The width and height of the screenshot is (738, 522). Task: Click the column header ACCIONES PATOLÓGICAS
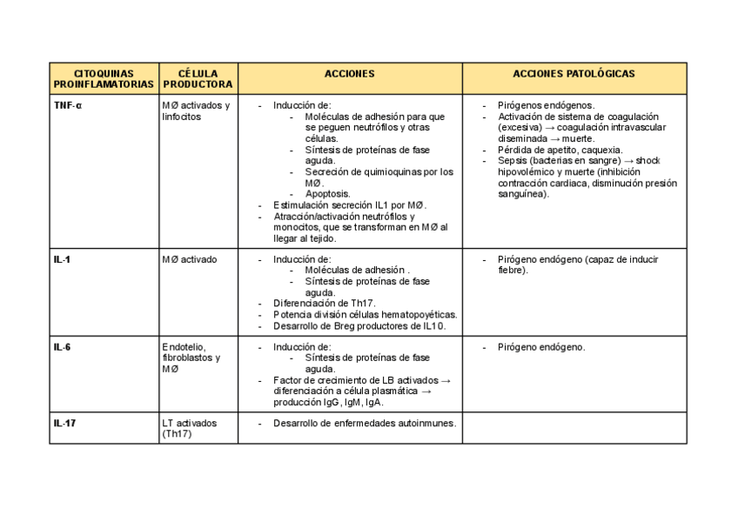(x=574, y=74)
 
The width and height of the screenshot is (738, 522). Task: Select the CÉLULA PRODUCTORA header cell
(x=198, y=79)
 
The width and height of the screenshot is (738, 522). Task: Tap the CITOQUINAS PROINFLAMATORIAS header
(x=104, y=79)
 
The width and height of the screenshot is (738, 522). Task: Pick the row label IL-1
(x=62, y=259)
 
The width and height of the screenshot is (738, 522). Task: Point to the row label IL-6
(x=62, y=347)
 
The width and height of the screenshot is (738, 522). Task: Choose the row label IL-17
(x=64, y=424)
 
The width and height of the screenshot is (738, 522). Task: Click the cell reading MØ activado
(x=189, y=259)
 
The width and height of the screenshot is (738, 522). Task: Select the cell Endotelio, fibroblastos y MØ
(x=191, y=358)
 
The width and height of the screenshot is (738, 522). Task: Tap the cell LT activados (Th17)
(x=189, y=428)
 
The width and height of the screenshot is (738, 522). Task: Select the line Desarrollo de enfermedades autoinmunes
(x=365, y=424)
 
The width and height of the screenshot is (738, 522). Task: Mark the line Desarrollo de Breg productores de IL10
(x=359, y=326)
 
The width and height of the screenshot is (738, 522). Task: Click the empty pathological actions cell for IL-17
(x=574, y=429)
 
